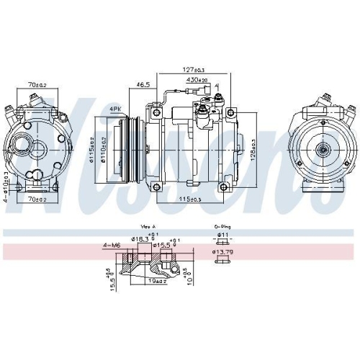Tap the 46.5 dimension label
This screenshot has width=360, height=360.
pos(143,84)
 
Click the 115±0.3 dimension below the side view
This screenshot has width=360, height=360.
pos(190,199)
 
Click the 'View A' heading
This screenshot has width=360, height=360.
pos(148,225)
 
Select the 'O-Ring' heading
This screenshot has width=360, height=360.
pos(221,225)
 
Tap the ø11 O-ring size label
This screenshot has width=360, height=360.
pos(223,235)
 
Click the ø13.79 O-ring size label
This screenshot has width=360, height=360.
pos(225,252)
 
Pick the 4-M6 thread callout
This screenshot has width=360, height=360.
pos(111,246)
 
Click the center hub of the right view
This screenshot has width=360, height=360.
pos(323,150)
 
